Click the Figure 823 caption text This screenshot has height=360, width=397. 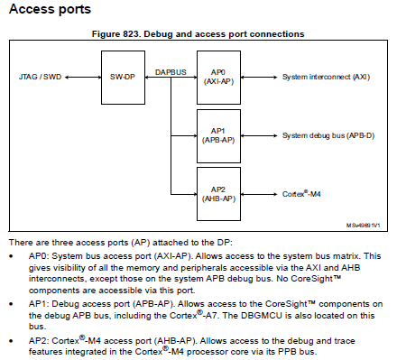(x=198, y=33)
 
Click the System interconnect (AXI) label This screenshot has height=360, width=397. (x=325, y=78)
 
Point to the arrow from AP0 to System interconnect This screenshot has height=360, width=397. (x=262, y=78)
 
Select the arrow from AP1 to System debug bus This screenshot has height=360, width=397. (x=262, y=135)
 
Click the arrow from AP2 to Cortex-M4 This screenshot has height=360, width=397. (x=262, y=193)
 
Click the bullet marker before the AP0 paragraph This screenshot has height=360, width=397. (x=11, y=256)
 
